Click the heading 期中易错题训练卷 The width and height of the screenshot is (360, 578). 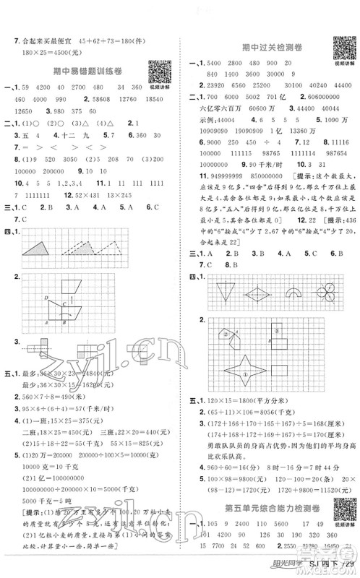[x=87, y=70]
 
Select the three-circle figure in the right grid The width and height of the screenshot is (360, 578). [x=325, y=293]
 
